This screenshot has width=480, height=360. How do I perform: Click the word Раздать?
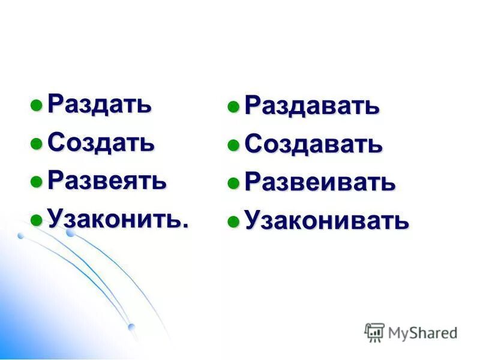click(x=100, y=104)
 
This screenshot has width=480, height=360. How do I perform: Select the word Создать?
click(x=101, y=142)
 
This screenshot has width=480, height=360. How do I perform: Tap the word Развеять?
click(x=107, y=180)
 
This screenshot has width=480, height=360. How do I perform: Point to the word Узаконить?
click(x=115, y=218)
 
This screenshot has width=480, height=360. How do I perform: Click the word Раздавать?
click(x=312, y=106)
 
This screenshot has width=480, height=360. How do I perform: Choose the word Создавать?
click(x=313, y=144)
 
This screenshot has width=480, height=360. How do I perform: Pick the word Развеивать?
click(x=320, y=182)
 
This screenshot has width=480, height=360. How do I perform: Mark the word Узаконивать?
click(x=327, y=221)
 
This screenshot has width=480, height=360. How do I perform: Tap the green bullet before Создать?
click(x=37, y=144)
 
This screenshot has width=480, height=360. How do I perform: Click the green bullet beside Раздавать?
click(x=233, y=108)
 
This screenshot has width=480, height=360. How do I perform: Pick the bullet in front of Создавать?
click(x=233, y=146)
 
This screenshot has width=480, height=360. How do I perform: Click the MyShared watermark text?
click(x=422, y=332)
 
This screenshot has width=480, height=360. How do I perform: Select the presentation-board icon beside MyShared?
click(x=374, y=332)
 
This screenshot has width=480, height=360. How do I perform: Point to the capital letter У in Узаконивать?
click(x=253, y=221)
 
